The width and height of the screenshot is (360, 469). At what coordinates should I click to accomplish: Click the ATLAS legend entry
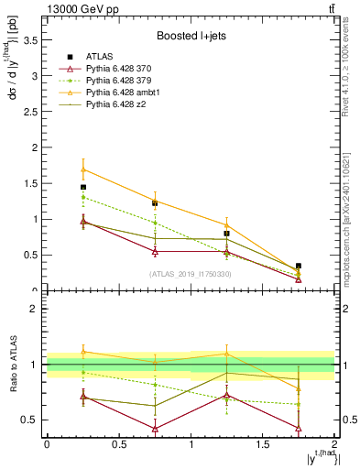coord(98,57)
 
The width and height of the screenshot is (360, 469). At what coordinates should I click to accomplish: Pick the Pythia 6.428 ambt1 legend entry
coord(124,93)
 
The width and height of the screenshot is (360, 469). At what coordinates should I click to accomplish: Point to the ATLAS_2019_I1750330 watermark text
coord(191,273)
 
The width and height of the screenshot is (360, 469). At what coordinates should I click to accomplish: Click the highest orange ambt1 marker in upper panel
coord(83,169)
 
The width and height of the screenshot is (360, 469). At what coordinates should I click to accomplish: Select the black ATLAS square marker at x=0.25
coord(83,187)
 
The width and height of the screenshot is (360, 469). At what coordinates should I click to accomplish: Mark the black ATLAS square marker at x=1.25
coord(226,234)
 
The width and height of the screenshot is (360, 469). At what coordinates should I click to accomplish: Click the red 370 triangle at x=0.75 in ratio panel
coord(155,429)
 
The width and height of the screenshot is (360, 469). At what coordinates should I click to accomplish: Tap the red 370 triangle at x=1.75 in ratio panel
coord(299,428)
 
